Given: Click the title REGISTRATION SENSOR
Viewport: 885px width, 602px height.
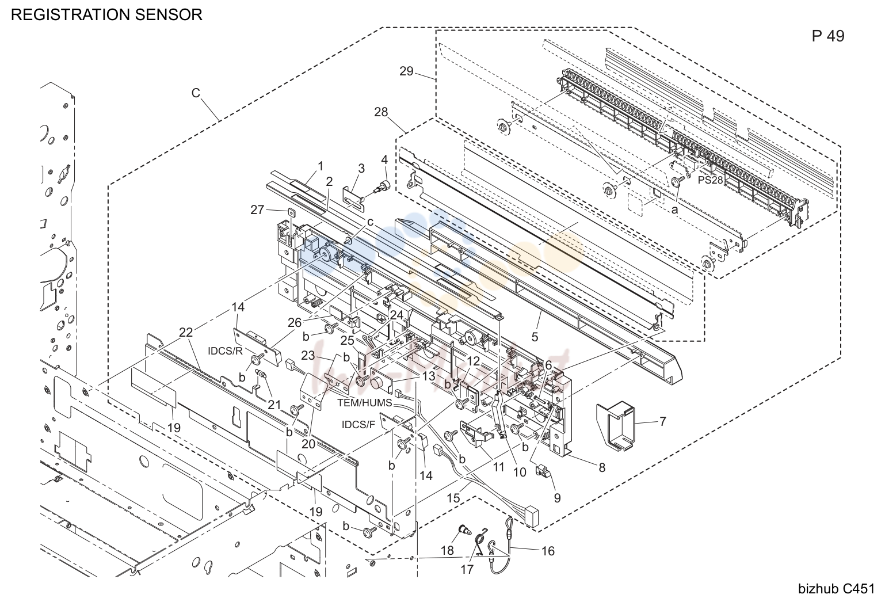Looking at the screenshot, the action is coord(106,14).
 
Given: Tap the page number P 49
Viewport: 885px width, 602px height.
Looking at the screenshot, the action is coord(828,36).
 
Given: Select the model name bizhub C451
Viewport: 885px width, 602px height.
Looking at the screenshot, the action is coord(837,589).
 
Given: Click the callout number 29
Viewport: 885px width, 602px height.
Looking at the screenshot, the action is coord(406,71).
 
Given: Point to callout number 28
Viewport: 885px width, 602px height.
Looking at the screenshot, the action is coord(381,112).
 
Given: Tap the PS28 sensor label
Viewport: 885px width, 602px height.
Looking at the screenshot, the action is coord(710,180).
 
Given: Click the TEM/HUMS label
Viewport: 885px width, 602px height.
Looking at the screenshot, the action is coord(364,402).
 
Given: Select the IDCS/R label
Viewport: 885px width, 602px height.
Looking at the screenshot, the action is coord(225,351).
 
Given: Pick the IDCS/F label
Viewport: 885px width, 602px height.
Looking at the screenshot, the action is coord(358,425).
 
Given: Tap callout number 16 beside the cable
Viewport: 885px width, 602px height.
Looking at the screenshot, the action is coord(548,551).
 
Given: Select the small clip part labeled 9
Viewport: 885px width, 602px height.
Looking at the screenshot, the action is coord(543,471).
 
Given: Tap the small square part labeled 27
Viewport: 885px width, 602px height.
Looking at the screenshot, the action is coord(291,212).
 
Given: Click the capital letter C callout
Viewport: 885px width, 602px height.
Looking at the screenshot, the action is coord(196,93).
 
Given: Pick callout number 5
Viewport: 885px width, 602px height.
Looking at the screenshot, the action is coord(535,337).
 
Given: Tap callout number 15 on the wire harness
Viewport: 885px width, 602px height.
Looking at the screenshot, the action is coord(453,498).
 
